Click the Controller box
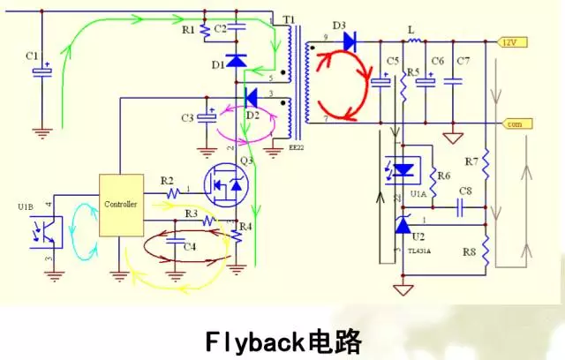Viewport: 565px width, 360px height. click(120, 204)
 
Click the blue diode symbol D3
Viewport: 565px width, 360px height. click(349, 40)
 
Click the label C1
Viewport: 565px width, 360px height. click(33, 56)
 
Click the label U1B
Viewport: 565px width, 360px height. click(26, 207)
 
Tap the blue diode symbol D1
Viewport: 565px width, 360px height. click(236, 61)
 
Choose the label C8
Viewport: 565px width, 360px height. click(464, 191)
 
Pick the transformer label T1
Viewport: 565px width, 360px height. click(288, 18)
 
